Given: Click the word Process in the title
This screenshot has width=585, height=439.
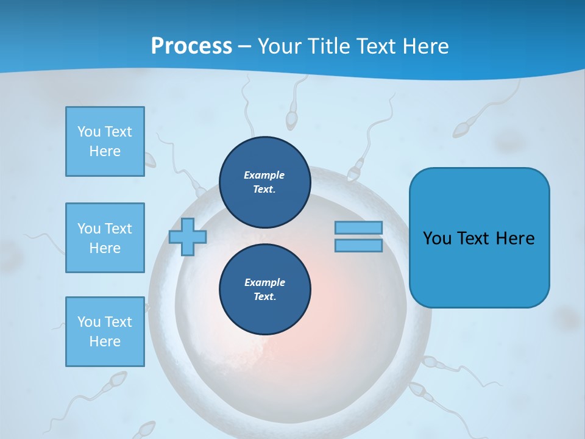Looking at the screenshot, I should pos(191,46).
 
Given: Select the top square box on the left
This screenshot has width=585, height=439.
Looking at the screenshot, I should pos(105,141).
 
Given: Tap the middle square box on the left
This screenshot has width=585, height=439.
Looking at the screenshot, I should pos(105,238).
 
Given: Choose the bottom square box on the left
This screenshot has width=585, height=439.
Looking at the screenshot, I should pos(105,332).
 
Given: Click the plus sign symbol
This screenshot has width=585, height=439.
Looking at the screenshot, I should pos(188,237).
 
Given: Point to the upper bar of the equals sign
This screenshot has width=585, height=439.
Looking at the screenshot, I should pos(358,227).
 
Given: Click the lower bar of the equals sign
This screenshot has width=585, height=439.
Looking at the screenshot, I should pos(358,245).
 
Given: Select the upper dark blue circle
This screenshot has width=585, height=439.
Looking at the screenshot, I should pos(265,182).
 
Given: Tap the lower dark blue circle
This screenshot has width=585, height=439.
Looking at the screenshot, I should pos(265,290).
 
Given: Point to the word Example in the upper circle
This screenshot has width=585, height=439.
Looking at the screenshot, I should pos(264,175).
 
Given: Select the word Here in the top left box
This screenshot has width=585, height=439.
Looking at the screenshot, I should pos(105,151).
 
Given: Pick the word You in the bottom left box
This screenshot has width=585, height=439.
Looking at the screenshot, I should pos(88,322).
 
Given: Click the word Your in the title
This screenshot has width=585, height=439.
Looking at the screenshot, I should pos(280,46).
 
